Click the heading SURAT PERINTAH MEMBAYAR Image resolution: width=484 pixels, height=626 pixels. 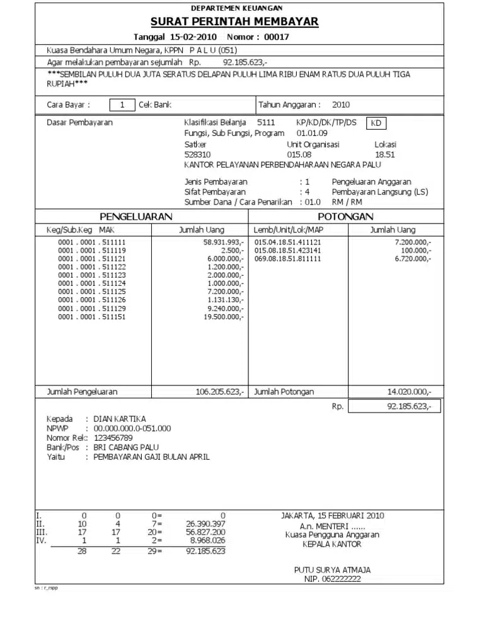coord(234,22)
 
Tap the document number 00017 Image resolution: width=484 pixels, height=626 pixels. coord(276,37)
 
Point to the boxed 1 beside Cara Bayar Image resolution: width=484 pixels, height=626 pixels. coord(122,105)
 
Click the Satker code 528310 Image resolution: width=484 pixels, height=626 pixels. coord(197,154)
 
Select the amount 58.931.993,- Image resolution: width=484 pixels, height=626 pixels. coord(223,242)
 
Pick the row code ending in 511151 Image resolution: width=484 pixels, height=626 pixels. coord(92,317)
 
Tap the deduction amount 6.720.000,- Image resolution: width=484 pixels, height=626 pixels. coord(413,259)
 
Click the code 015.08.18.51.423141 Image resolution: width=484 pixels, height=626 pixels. coord(287,251)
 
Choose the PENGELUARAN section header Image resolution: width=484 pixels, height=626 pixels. coord(136,217)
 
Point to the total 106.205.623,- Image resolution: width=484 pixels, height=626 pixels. coord(220,392)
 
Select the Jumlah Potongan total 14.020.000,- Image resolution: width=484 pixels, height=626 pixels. coord(409,392)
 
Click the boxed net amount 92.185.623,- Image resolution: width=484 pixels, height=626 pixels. coord(409,407)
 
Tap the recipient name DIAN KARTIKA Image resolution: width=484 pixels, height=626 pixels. coord(120,419)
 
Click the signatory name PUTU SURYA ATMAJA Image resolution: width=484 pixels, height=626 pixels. coord(332,570)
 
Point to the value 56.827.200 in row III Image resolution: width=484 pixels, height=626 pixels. coord(205,532)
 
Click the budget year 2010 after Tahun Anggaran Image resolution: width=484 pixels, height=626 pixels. coord(341,105)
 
